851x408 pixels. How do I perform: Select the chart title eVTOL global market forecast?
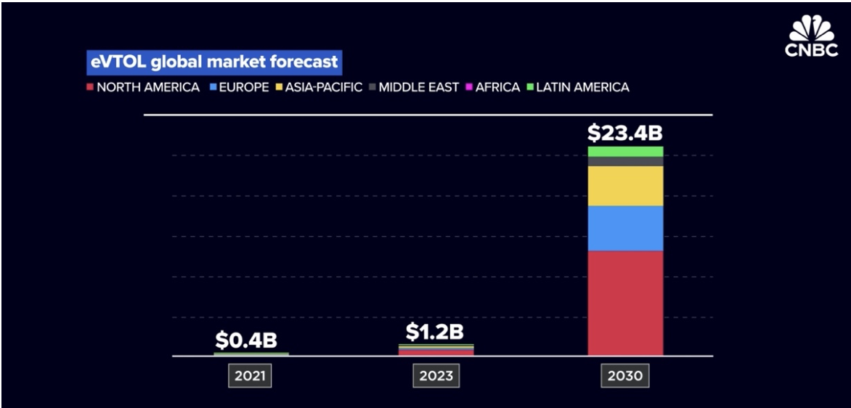pyautogui.click(x=213, y=62)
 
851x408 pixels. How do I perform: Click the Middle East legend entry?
pyautogui.click(x=413, y=87)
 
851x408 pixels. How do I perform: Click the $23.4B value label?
pyautogui.click(x=624, y=134)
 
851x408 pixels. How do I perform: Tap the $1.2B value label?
pyautogui.click(x=435, y=332)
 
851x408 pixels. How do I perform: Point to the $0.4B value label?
pyautogui.click(x=246, y=340)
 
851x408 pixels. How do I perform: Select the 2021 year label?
pyautogui.click(x=251, y=376)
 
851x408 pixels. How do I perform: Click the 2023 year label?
pyautogui.click(x=436, y=376)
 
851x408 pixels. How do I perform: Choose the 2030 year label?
pyautogui.click(x=625, y=376)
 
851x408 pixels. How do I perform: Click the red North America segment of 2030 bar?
pyautogui.click(x=625, y=303)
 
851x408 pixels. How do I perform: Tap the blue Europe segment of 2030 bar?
pyautogui.click(x=625, y=228)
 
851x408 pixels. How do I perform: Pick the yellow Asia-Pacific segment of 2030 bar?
pyautogui.click(x=625, y=186)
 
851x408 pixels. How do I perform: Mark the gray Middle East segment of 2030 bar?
pyautogui.click(x=625, y=161)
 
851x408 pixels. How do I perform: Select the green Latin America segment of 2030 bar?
pyautogui.click(x=625, y=151)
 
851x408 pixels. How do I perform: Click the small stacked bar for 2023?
pyautogui.click(x=436, y=350)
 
